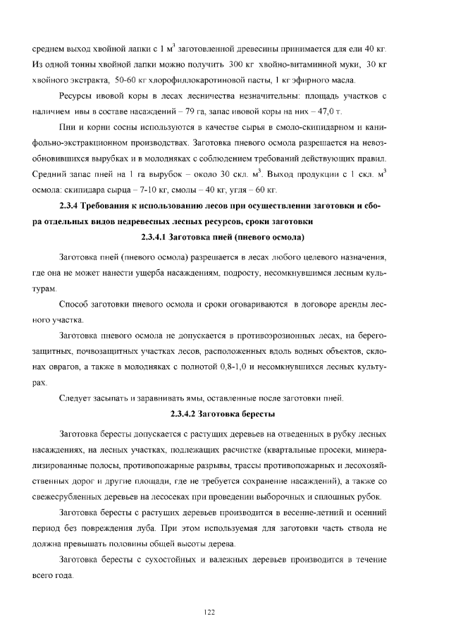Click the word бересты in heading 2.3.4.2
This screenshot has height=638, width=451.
click(x=257, y=413)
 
